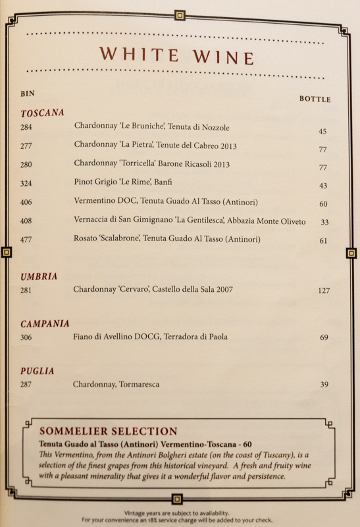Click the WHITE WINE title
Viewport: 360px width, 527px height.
pyautogui.click(x=176, y=55)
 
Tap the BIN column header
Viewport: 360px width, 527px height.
pyautogui.click(x=28, y=94)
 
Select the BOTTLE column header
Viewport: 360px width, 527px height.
pyautogui.click(x=315, y=99)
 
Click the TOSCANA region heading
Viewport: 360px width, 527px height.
pyautogui.click(x=42, y=113)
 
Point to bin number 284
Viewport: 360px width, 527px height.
pyautogui.click(x=26, y=126)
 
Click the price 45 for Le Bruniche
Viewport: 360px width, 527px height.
pyautogui.click(x=322, y=132)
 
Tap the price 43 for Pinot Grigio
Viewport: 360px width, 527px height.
pyautogui.click(x=322, y=186)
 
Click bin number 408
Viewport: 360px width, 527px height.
pyautogui.click(x=26, y=221)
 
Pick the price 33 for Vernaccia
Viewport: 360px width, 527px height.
pyautogui.click(x=324, y=223)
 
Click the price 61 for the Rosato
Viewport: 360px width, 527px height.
pyautogui.click(x=323, y=241)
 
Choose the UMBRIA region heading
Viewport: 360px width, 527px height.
pyautogui.click(x=39, y=277)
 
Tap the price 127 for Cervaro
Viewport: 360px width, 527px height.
pyautogui.click(x=323, y=291)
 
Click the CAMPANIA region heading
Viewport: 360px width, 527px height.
pyautogui.click(x=45, y=324)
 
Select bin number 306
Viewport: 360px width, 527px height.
pyautogui.click(x=26, y=337)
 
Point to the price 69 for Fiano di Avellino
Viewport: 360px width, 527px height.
pyautogui.click(x=324, y=338)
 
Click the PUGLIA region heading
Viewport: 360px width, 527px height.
pyautogui.click(x=37, y=372)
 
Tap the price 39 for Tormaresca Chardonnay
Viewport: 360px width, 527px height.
pyautogui.click(x=324, y=385)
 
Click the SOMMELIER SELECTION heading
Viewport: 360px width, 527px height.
pyautogui.click(x=109, y=431)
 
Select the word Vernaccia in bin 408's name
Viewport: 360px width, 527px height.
pyautogui.click(x=91, y=220)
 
